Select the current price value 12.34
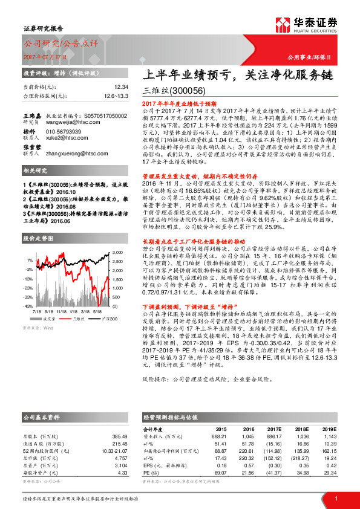pos(122,88)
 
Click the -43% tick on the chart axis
pos(28,298)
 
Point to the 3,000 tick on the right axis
pos(117,250)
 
